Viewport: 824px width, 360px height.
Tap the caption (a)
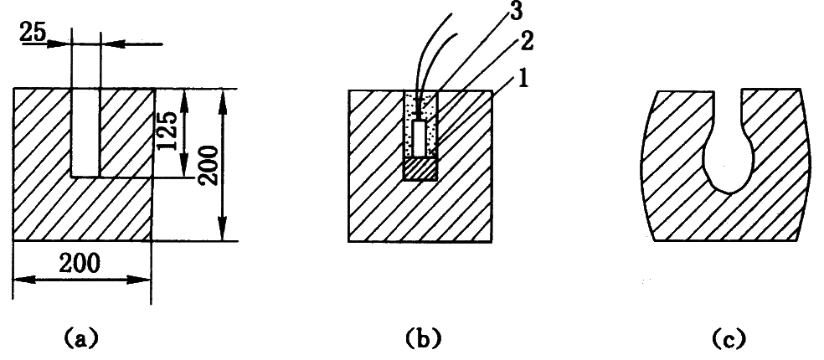[81, 339]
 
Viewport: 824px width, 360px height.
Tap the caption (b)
[420, 339]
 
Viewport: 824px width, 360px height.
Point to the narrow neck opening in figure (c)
[727, 105]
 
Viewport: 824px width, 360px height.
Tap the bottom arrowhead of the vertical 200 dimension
[223, 236]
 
